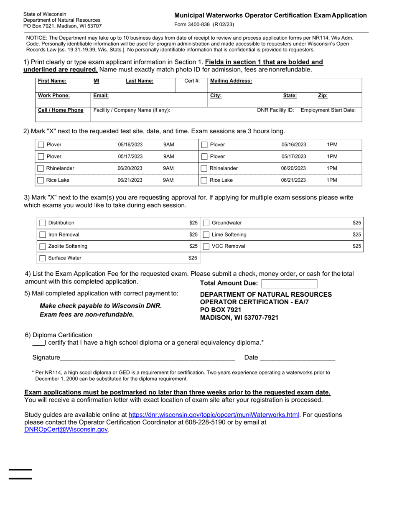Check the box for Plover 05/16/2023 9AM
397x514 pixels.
pyautogui.click(x=41, y=145)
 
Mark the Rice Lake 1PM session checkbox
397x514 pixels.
pyautogui.click(x=204, y=181)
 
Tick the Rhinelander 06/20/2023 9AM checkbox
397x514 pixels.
pyautogui.click(x=41, y=169)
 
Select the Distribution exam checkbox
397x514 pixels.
pyautogui.click(x=43, y=223)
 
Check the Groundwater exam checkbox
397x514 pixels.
pyautogui.click(x=206, y=223)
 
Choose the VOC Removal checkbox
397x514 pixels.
pyautogui.click(x=206, y=247)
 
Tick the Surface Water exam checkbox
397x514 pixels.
pyautogui.click(x=43, y=258)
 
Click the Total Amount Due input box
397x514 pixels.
pyautogui.click(x=289, y=284)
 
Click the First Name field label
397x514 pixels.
pyautogui.click(x=52, y=81)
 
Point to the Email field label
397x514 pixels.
pyautogui.click(x=101, y=96)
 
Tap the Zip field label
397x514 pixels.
pyautogui.click(x=323, y=96)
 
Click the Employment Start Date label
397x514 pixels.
pyautogui.click(x=328, y=110)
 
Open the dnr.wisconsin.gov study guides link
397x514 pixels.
pyautogui.click(x=214, y=415)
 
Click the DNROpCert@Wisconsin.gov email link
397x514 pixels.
pyautogui.click(x=66, y=430)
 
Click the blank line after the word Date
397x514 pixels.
pyautogui.click(x=298, y=358)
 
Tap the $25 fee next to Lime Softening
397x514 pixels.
pyautogui.click(x=356, y=235)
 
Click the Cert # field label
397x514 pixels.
pyautogui.click(x=192, y=81)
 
